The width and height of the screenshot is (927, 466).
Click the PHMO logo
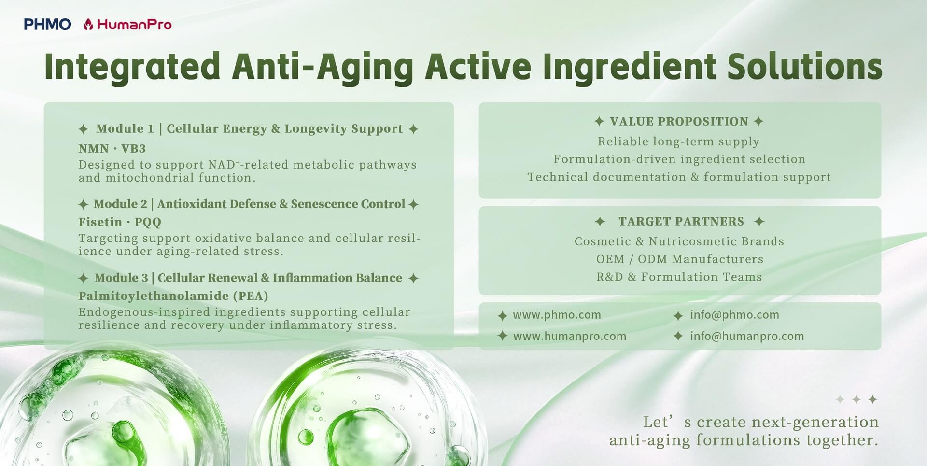(47, 24)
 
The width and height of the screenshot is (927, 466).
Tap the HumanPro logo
(127, 24)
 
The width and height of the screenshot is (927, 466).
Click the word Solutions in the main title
(805, 67)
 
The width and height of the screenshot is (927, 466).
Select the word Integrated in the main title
(132, 68)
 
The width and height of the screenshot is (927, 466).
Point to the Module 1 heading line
(249, 129)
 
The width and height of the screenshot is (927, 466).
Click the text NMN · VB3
(112, 149)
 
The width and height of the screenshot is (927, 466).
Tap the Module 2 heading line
(249, 204)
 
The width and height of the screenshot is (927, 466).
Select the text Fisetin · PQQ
(120, 222)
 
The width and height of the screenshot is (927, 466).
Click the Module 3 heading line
(249, 278)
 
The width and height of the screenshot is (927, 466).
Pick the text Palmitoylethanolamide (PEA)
(173, 296)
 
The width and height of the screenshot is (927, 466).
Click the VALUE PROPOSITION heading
(679, 121)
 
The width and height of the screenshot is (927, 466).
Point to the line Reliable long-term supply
(679, 141)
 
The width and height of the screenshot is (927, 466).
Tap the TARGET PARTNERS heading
(680, 221)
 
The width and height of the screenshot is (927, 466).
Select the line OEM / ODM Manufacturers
(680, 259)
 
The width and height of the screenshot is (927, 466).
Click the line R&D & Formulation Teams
(679, 277)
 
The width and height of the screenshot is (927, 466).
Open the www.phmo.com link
(557, 315)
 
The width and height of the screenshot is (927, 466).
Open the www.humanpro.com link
(570, 336)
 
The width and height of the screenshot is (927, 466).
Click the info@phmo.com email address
(734, 315)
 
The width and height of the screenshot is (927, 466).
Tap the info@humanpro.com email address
(747, 336)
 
